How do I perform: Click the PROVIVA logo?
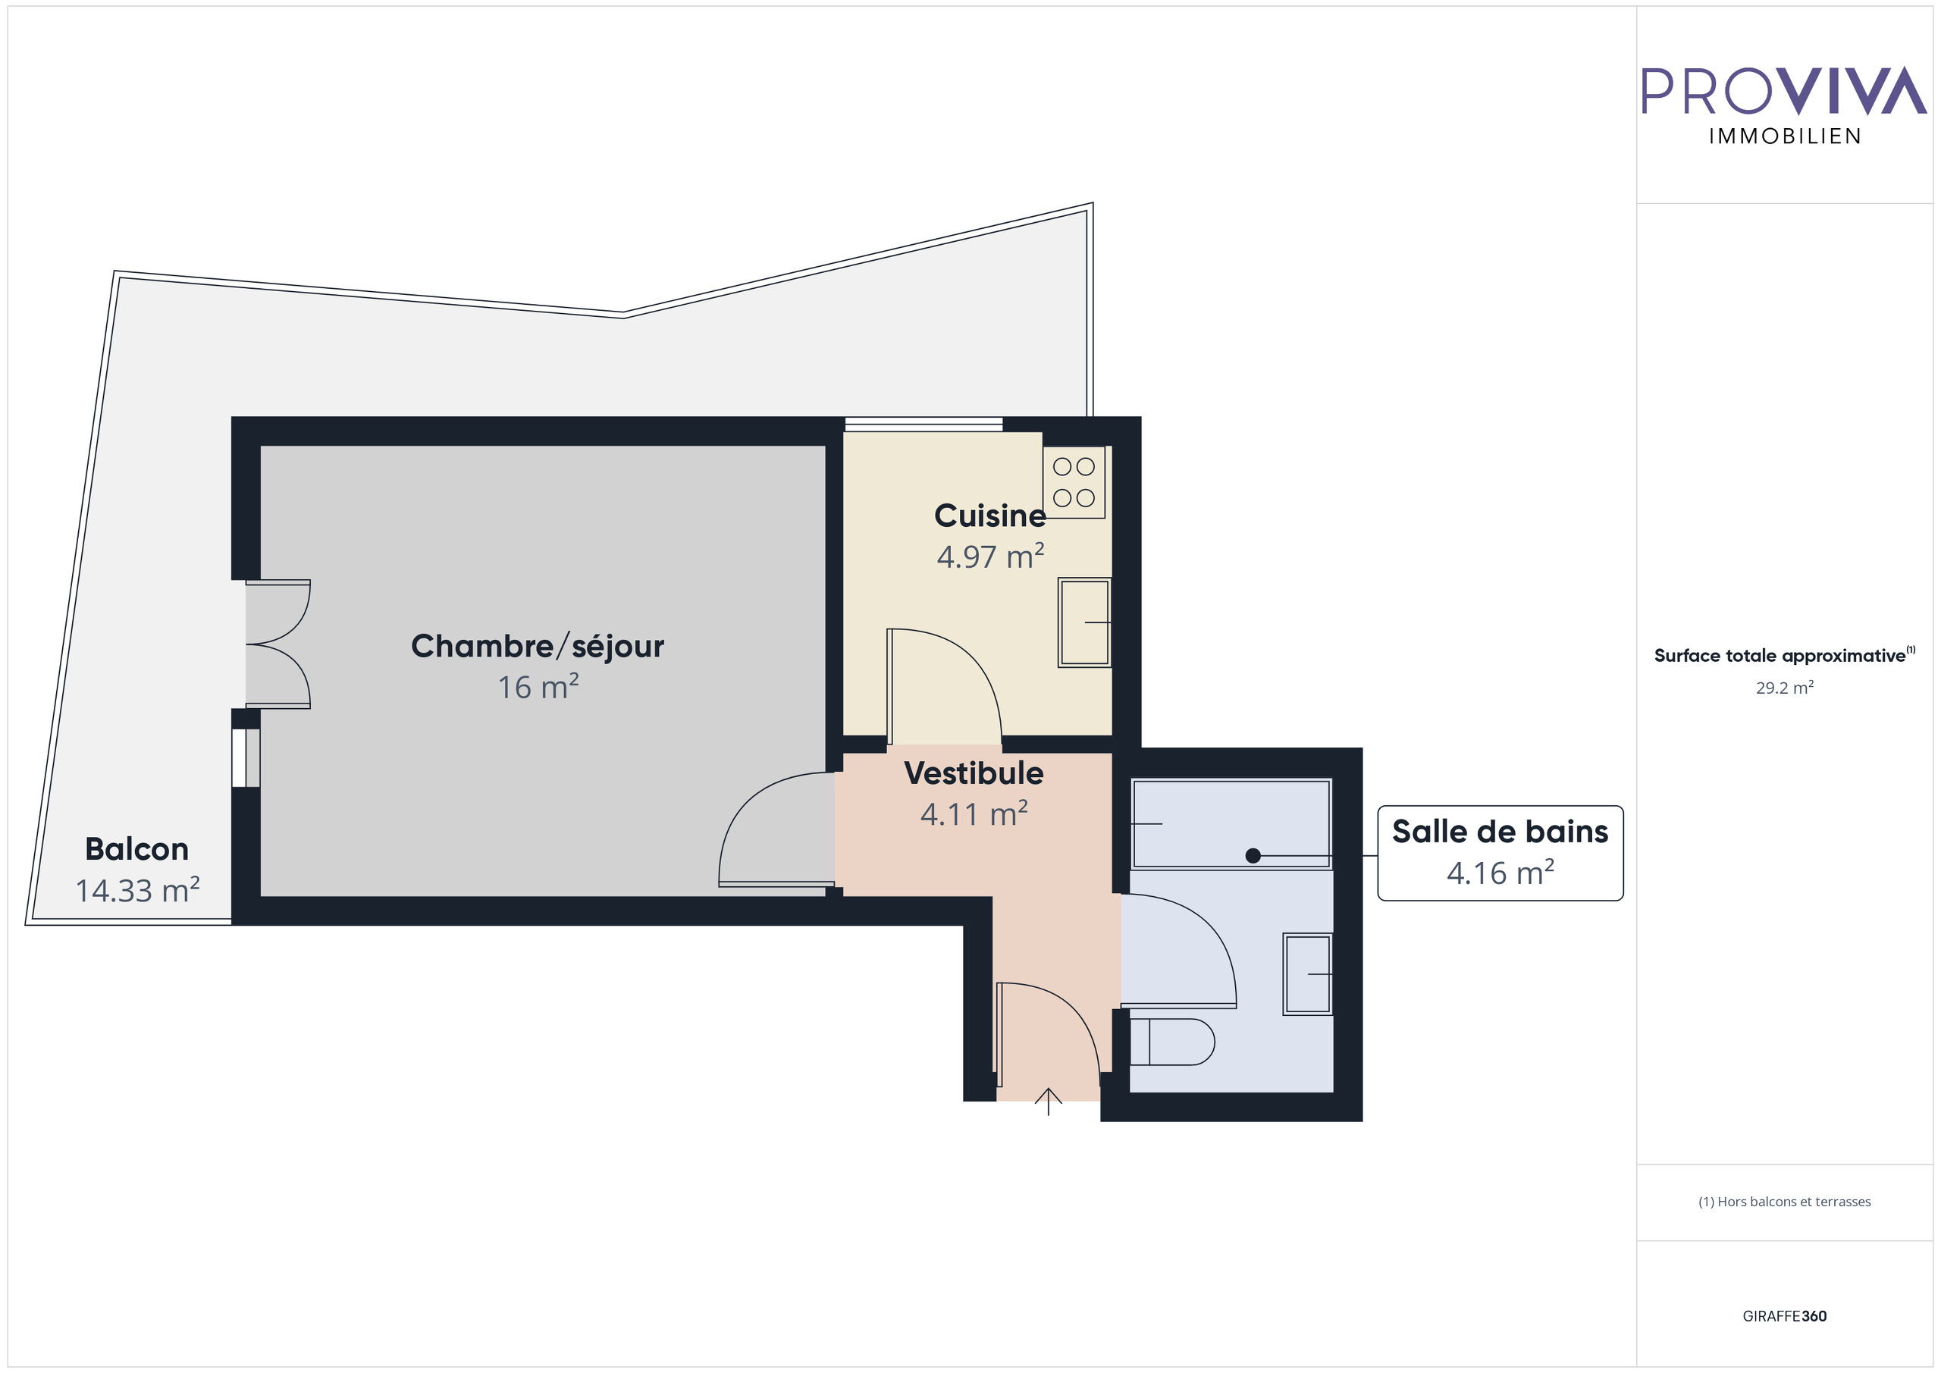point(1784,90)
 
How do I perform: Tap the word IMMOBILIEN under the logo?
point(1785,137)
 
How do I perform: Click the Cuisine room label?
point(989,516)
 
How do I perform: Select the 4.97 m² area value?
point(990,556)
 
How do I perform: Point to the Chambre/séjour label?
point(537,646)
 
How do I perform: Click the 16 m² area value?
point(538,688)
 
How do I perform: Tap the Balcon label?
point(137,849)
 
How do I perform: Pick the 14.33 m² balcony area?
point(137,890)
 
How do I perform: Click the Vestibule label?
point(974,773)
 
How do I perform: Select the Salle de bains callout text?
point(1500,832)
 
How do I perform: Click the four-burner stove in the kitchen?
point(1074,482)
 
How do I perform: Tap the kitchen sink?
point(1085,622)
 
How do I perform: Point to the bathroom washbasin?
point(1307,974)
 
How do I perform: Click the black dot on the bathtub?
point(1253,856)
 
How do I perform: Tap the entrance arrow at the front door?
point(1049,1101)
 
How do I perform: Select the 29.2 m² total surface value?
point(1785,688)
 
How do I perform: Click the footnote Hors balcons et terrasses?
point(1785,1202)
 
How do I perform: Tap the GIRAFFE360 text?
point(1785,1316)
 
